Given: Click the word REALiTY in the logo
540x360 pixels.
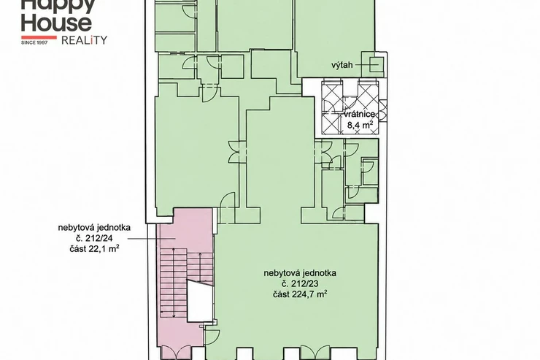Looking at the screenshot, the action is [x=84, y=40].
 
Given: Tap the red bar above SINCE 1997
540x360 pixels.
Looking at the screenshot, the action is [x=39, y=37].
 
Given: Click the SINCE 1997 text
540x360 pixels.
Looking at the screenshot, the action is [x=39, y=42].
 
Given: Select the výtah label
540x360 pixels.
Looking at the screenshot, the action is [x=342, y=65].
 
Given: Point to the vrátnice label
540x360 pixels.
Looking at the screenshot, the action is [x=359, y=115].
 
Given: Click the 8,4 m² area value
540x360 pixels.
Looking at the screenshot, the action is [x=360, y=124].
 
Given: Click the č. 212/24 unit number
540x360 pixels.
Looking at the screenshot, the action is [x=94, y=238].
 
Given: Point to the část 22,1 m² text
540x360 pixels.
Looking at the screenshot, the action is [x=94, y=248].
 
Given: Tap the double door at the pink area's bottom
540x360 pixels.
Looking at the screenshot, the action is [x=176, y=352].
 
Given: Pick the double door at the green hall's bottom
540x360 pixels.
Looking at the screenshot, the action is [x=315, y=352].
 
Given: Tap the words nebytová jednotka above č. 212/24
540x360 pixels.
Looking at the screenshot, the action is [x=94, y=227].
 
